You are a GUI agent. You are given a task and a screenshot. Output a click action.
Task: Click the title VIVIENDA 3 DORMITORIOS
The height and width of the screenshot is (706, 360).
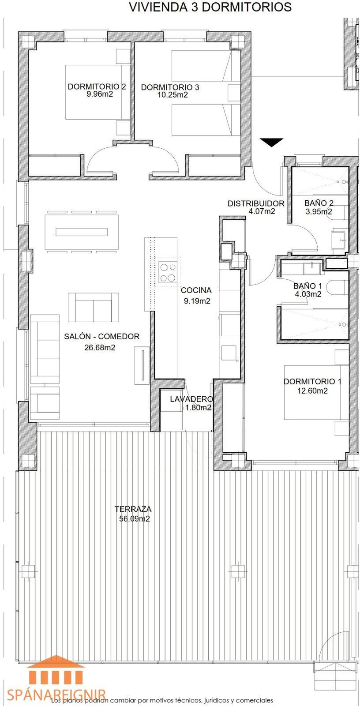coord(210,7)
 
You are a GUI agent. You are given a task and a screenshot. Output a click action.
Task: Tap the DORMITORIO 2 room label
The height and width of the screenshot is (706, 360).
coord(97,86)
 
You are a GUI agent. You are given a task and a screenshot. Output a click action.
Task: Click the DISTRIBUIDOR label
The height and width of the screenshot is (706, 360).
coord(256,203)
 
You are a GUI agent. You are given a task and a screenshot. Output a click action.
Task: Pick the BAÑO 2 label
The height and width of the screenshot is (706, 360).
coord(319,203)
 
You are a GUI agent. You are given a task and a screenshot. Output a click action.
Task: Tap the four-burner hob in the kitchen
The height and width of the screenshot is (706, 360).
coord(167,273)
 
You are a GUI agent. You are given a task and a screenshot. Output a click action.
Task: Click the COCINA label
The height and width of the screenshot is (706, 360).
coord(196,290)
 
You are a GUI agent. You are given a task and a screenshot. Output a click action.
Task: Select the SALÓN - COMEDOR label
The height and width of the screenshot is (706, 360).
coord(102,336)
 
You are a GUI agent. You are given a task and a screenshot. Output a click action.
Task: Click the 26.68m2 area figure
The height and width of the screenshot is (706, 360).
coord(100,348)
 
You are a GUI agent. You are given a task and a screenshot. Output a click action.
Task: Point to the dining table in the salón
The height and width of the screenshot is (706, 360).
coord(82,232)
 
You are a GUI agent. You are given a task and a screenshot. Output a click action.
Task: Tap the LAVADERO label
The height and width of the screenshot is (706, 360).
coord(191,399)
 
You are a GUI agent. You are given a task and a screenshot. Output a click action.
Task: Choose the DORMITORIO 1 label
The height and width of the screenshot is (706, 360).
coord(312,381)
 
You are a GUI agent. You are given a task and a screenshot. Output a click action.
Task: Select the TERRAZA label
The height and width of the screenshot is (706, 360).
coord(133,509)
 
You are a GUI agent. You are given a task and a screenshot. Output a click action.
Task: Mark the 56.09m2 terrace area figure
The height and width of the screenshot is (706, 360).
coord(134,519)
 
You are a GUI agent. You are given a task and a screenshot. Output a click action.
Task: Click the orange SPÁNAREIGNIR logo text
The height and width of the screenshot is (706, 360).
coord(57,695)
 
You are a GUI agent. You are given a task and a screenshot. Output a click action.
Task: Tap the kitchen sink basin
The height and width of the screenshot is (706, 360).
coord(229,353)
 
